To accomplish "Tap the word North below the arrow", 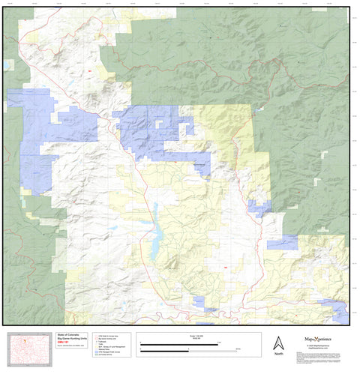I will pyautogui.click(x=278, y=354).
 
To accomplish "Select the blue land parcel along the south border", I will pyautogui.click(x=199, y=303).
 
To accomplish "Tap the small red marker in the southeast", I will pyautogui.click(x=223, y=268).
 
